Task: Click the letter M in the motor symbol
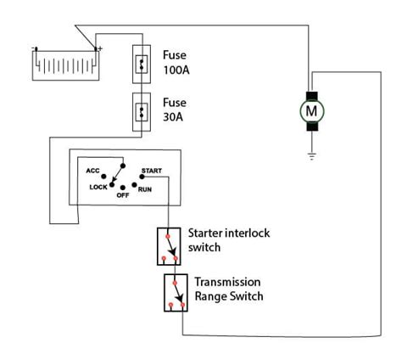point(311,111)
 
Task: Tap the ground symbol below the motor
point(311,156)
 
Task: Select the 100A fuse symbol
point(142,65)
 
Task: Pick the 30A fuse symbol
point(142,112)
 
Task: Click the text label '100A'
point(176,70)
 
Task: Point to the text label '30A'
point(173,117)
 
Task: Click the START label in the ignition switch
point(152,171)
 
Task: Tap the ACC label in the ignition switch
point(92,171)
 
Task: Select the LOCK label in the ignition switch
point(98,187)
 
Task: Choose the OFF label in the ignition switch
point(123,195)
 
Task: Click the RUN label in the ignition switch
point(145,189)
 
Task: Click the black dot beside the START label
point(142,177)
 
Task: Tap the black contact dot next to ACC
point(103,177)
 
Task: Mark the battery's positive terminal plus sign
point(100,49)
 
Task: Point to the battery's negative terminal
point(36,49)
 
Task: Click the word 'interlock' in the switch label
point(248,233)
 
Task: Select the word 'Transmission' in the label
point(227,282)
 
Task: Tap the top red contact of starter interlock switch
point(168,236)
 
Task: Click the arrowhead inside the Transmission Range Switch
point(180,298)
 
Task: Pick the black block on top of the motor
point(312,96)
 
